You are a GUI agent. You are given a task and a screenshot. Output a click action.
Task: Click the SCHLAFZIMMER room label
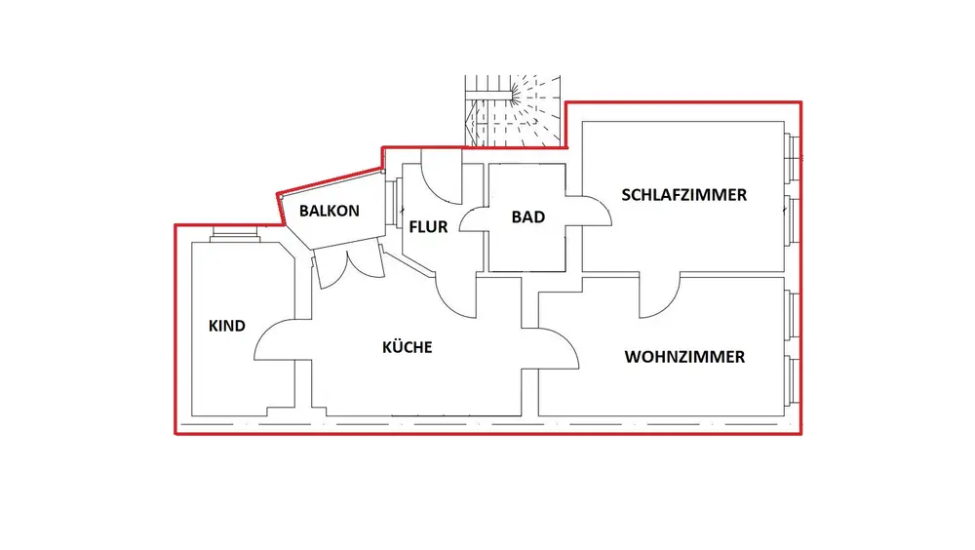point(684,195)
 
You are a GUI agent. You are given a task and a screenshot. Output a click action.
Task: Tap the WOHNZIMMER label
point(684,357)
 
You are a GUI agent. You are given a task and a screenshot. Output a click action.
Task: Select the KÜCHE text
point(407,347)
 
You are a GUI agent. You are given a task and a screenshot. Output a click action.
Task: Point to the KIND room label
point(227,326)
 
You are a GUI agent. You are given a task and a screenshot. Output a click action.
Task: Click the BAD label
point(527,217)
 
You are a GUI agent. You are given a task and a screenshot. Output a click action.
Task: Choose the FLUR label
point(428,227)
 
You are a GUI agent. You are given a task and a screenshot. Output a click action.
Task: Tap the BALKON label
point(330,211)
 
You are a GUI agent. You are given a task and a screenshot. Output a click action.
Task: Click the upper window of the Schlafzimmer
point(793,156)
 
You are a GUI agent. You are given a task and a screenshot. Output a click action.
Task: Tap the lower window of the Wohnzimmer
point(793,381)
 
